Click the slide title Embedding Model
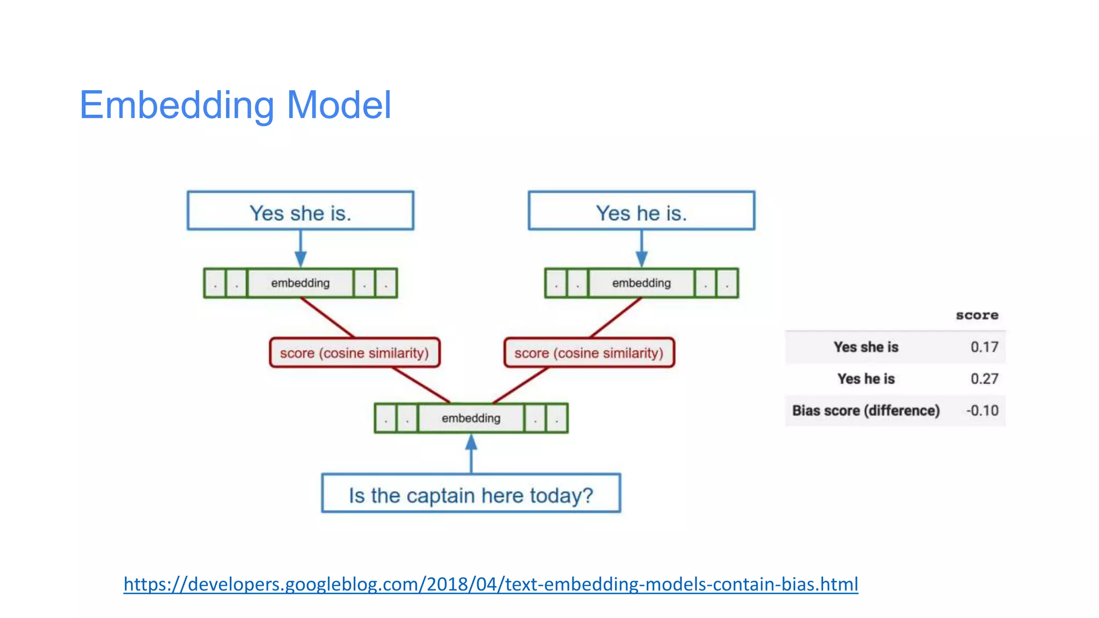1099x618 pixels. (235, 105)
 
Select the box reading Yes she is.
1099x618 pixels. (300, 211)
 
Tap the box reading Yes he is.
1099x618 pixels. (641, 211)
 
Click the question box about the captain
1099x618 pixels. (471, 494)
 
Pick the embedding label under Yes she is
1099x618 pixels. (300, 283)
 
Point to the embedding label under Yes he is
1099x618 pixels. (641, 283)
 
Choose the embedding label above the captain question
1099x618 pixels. (471, 418)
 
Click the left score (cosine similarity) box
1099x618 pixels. (354, 352)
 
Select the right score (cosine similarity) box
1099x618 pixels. (589, 352)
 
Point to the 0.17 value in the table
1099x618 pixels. (984, 347)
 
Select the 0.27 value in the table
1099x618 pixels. (984, 379)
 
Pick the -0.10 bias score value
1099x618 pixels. (982, 410)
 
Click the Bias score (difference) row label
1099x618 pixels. (866, 410)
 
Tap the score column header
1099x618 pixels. (977, 315)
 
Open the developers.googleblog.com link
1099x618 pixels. (490, 584)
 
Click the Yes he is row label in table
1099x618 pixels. (866, 379)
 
